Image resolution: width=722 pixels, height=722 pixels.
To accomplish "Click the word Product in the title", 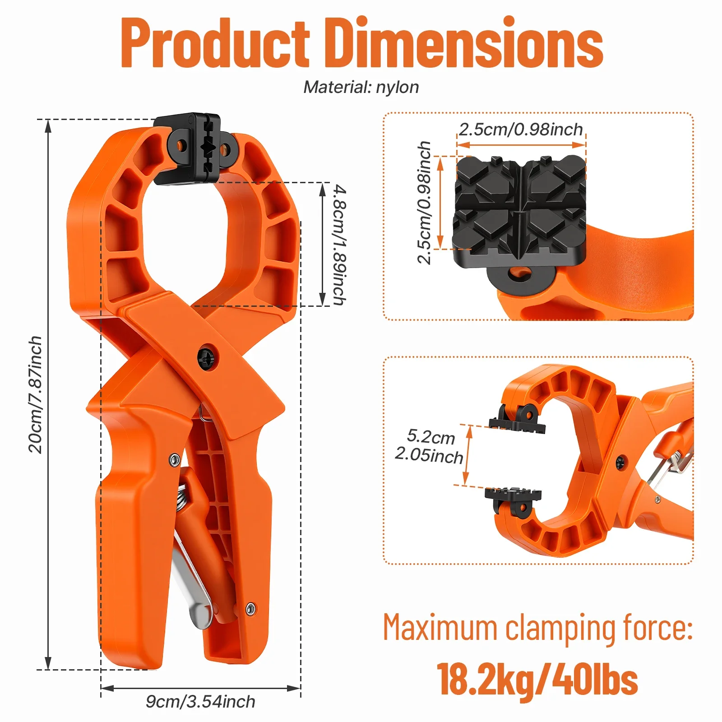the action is click(215, 43).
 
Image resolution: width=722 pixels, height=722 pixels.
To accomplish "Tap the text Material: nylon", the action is click(361, 87).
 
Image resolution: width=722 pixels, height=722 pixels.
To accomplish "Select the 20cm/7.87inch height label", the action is click(35, 394).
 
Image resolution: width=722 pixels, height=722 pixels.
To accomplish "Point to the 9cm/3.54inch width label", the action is click(200, 702).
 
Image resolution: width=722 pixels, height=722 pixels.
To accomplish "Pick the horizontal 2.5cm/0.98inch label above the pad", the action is click(521, 130).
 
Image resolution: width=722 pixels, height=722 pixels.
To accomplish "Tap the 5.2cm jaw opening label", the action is click(431, 436).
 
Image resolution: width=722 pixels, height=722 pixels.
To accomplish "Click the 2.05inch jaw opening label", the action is click(429, 455).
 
